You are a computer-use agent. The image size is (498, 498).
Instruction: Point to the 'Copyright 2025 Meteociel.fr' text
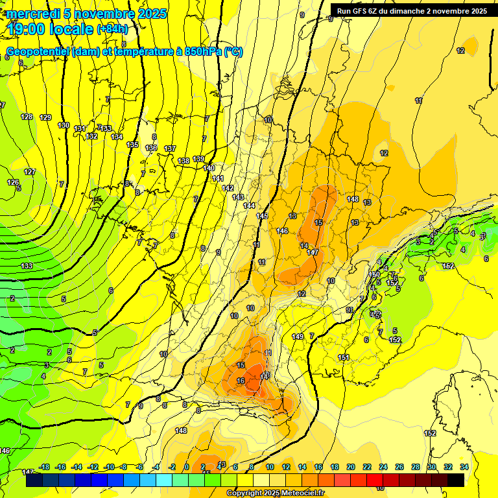tap(276, 493)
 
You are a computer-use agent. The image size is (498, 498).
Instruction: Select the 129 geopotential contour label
tap(45, 117)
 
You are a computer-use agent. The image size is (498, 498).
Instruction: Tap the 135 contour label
tap(133, 145)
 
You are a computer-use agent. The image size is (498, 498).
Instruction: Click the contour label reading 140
tap(209, 168)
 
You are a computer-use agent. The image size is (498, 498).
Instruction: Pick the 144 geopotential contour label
tap(250, 206)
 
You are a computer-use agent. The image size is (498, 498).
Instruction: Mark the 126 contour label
tap(13, 182)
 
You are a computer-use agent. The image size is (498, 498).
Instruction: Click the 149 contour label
tap(298, 337)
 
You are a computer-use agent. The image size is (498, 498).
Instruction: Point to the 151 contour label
tap(344, 357)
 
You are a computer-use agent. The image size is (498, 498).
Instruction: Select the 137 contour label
tap(170, 149)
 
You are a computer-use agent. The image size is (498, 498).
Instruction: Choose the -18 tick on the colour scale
tap(44, 467)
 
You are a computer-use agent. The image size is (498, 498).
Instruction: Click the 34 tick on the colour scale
tap(464, 467)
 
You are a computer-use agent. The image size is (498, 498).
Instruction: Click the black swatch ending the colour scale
tap(456, 480)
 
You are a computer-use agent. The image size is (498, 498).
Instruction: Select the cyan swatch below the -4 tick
tap(164, 480)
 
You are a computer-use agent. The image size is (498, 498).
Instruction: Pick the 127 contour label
tap(30, 172)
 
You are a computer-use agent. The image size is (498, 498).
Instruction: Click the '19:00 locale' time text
tap(51, 29)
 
